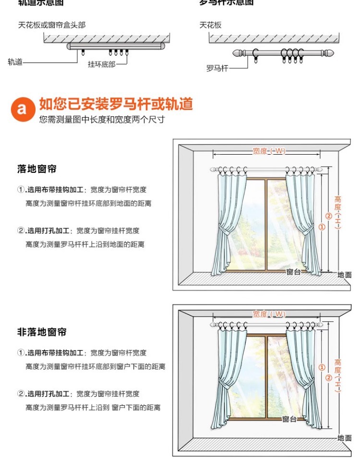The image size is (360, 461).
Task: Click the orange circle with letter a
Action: click(22, 109)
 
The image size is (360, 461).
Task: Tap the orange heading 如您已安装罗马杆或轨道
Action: click(116, 104)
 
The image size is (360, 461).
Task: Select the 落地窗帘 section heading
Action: click(37, 169)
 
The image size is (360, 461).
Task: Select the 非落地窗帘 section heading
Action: click(42, 332)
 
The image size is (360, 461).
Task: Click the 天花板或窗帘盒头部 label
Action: click(52, 25)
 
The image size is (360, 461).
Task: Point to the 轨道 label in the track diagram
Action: click(15, 62)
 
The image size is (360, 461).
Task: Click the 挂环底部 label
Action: click(101, 64)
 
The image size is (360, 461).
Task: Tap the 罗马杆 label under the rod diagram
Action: click(216, 69)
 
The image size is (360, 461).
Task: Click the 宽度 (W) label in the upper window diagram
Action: click(269, 151)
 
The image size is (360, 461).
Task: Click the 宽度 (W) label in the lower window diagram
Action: click(269, 314)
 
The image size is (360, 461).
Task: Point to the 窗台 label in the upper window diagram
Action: click(293, 272)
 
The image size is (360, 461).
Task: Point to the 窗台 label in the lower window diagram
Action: click(289, 419)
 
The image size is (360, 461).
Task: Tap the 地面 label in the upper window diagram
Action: click(344, 275)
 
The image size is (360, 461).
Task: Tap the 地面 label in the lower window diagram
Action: click(344, 438)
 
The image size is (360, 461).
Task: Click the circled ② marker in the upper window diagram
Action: click(329, 216)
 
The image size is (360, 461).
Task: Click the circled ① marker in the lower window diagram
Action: click(322, 368)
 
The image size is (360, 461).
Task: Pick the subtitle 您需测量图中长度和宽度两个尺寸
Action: click(102, 120)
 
